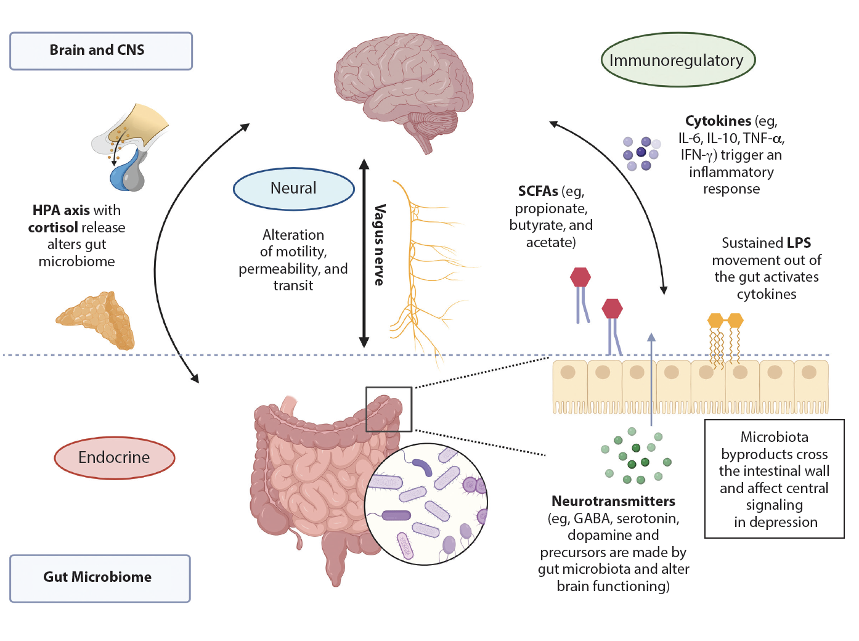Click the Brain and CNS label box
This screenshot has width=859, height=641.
pos(101,51)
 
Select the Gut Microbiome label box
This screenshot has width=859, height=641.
pos(100,578)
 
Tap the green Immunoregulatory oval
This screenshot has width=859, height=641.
pos(678,60)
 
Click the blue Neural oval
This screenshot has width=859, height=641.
pos(293,189)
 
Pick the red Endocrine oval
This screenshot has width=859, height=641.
pos(115,457)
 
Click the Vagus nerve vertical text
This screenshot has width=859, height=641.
pos(380,245)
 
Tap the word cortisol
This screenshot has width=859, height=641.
pos(53,227)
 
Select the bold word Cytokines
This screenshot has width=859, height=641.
pos(718,121)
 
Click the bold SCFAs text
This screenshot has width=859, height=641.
pos(537,192)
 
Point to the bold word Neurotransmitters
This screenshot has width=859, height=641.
pos(613,501)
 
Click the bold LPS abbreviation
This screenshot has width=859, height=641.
pos(799,243)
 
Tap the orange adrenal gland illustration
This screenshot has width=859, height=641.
pos(97,320)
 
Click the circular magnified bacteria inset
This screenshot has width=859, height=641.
pos(425,504)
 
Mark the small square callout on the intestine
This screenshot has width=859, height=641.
pos(389,409)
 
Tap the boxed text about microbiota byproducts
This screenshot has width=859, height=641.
pos(775,479)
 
